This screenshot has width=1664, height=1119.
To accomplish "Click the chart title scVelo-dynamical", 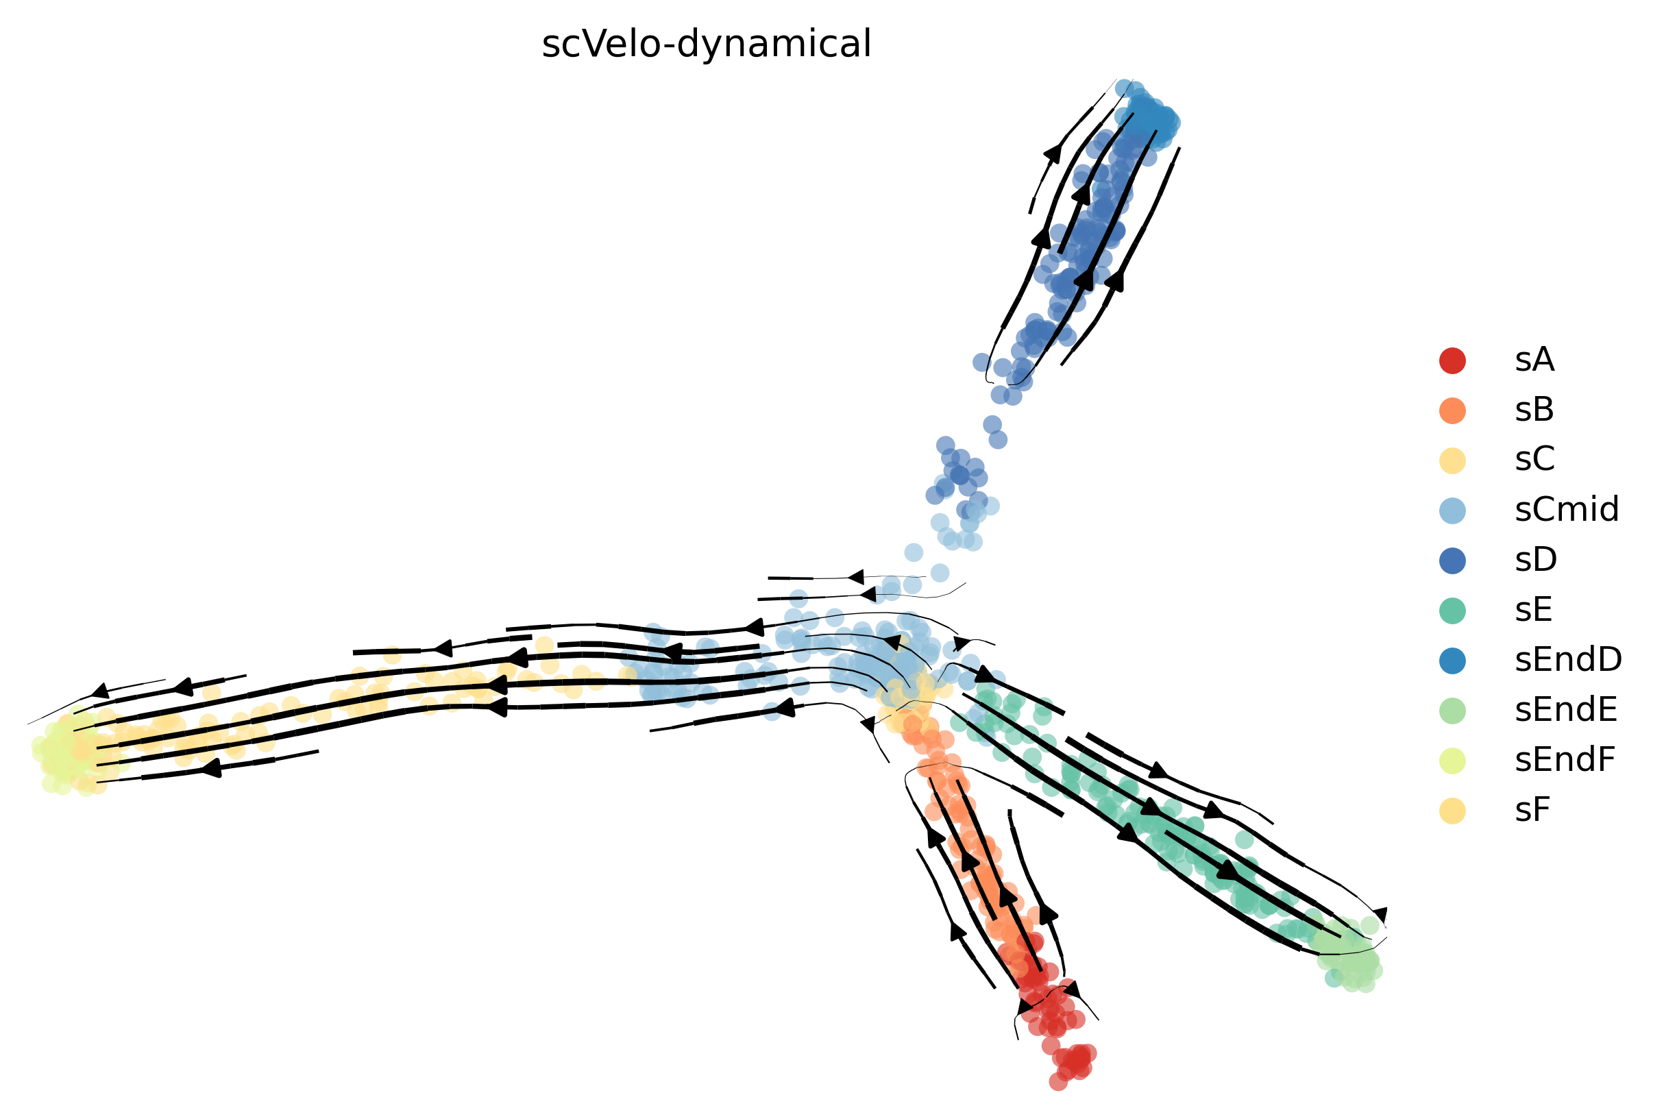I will pos(707,45).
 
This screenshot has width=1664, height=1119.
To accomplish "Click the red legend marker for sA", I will pos(1453,360).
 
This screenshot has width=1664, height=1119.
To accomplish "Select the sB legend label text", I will pos(1535,410).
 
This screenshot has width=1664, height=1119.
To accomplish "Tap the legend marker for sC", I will pos(1453,460).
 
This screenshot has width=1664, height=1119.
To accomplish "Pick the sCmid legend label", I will pos(1567,511).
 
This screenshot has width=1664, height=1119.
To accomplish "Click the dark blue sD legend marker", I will pos(1453,561).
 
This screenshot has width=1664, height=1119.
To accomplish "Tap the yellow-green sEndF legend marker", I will pos(1453,761).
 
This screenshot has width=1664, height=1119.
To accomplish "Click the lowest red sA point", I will pos(1058,1082).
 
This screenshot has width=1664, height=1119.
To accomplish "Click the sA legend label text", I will pos(1535,360).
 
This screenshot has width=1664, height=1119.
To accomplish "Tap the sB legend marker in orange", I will pos(1453,410).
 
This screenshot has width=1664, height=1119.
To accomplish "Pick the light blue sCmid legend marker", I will pos(1453,511).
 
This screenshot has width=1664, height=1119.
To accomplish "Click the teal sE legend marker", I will pos(1453,610).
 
